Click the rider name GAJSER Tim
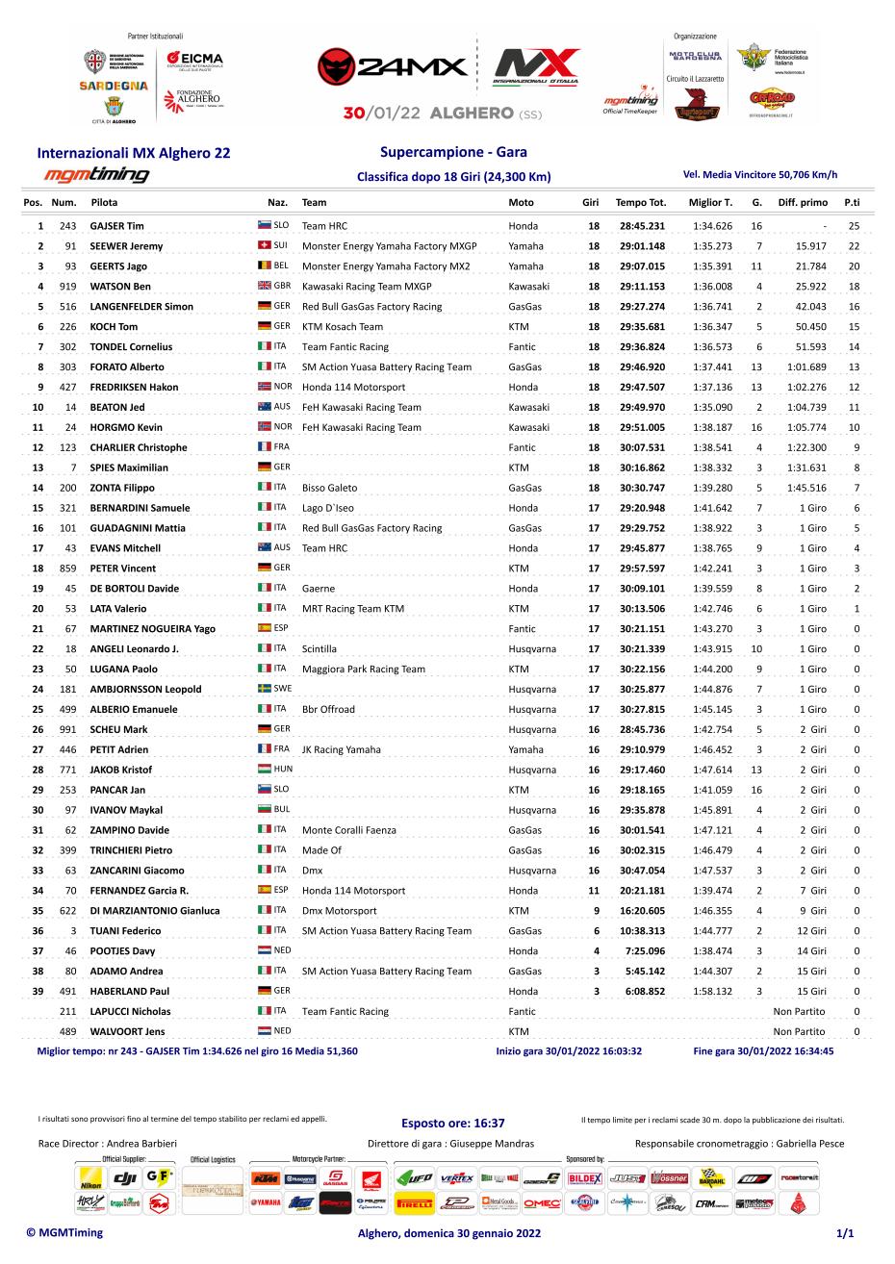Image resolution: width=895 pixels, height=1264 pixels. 116,226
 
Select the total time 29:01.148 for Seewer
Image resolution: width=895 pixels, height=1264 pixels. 642,246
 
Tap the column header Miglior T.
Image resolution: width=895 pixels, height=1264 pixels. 710,203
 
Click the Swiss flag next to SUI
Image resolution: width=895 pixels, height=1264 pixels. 264,245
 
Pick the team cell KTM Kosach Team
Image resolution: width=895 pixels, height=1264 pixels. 342,327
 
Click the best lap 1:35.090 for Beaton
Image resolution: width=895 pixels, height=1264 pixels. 712,407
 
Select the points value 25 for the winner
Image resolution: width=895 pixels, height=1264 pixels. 853,226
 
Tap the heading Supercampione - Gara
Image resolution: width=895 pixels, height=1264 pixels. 453,152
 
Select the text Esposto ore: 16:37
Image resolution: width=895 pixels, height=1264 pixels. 452,1123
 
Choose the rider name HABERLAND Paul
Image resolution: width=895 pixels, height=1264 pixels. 129,991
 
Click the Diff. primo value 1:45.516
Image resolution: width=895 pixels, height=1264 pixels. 806,488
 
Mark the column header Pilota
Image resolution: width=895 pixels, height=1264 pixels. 104,203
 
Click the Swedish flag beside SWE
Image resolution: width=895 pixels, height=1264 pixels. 264,689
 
